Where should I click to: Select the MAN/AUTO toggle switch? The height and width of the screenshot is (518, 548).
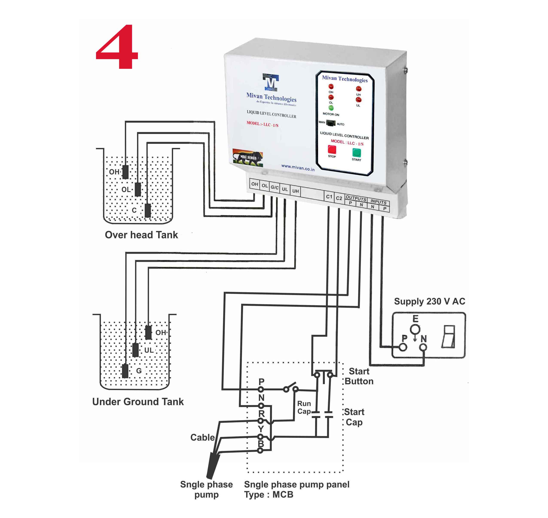click(331, 123)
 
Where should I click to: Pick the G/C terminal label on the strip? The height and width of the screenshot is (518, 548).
click(274, 187)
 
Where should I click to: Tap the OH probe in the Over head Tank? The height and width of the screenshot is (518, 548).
click(125, 172)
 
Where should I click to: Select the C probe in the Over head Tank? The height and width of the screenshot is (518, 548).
click(148, 210)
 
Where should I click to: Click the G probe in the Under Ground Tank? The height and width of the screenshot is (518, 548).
click(125, 371)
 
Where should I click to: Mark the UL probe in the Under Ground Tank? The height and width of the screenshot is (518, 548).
click(135, 350)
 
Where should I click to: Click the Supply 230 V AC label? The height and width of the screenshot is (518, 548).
click(429, 301)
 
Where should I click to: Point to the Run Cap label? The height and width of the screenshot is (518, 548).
click(304, 407)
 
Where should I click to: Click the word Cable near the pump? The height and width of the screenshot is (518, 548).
click(202, 437)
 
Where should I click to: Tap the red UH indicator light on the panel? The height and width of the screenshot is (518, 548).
click(358, 89)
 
